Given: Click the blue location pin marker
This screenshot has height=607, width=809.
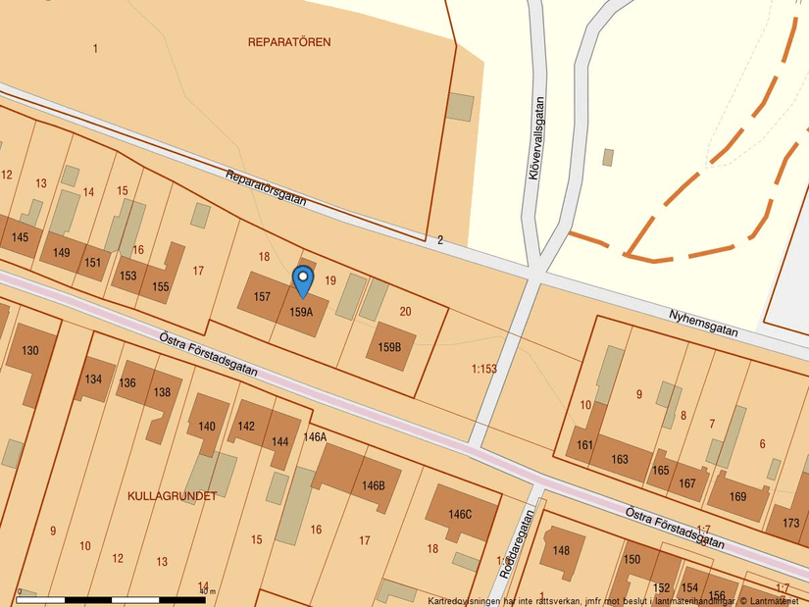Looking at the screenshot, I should tap(304, 282).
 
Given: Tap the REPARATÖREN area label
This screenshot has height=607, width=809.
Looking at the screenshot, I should tap(289, 42).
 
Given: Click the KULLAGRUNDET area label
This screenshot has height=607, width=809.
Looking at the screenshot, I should tap(173, 496).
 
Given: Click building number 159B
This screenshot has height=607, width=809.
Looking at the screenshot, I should tap(389, 347).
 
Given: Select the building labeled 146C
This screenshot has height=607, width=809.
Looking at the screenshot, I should tap(460, 515).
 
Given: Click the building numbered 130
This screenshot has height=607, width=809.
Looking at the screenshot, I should tap(30, 350).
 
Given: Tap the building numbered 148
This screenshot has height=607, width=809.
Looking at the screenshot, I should tap(561, 550).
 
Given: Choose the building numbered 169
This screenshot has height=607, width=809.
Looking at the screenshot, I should tap(737, 496).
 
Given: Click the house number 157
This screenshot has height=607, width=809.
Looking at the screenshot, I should tap(262, 296).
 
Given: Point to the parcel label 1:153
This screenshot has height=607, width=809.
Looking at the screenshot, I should tap(484, 369).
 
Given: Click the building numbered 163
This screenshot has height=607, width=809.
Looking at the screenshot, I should tap(619, 459).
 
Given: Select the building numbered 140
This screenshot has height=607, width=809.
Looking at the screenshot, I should tap(207, 427).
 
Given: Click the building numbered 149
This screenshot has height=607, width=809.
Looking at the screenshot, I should tap(62, 253).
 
